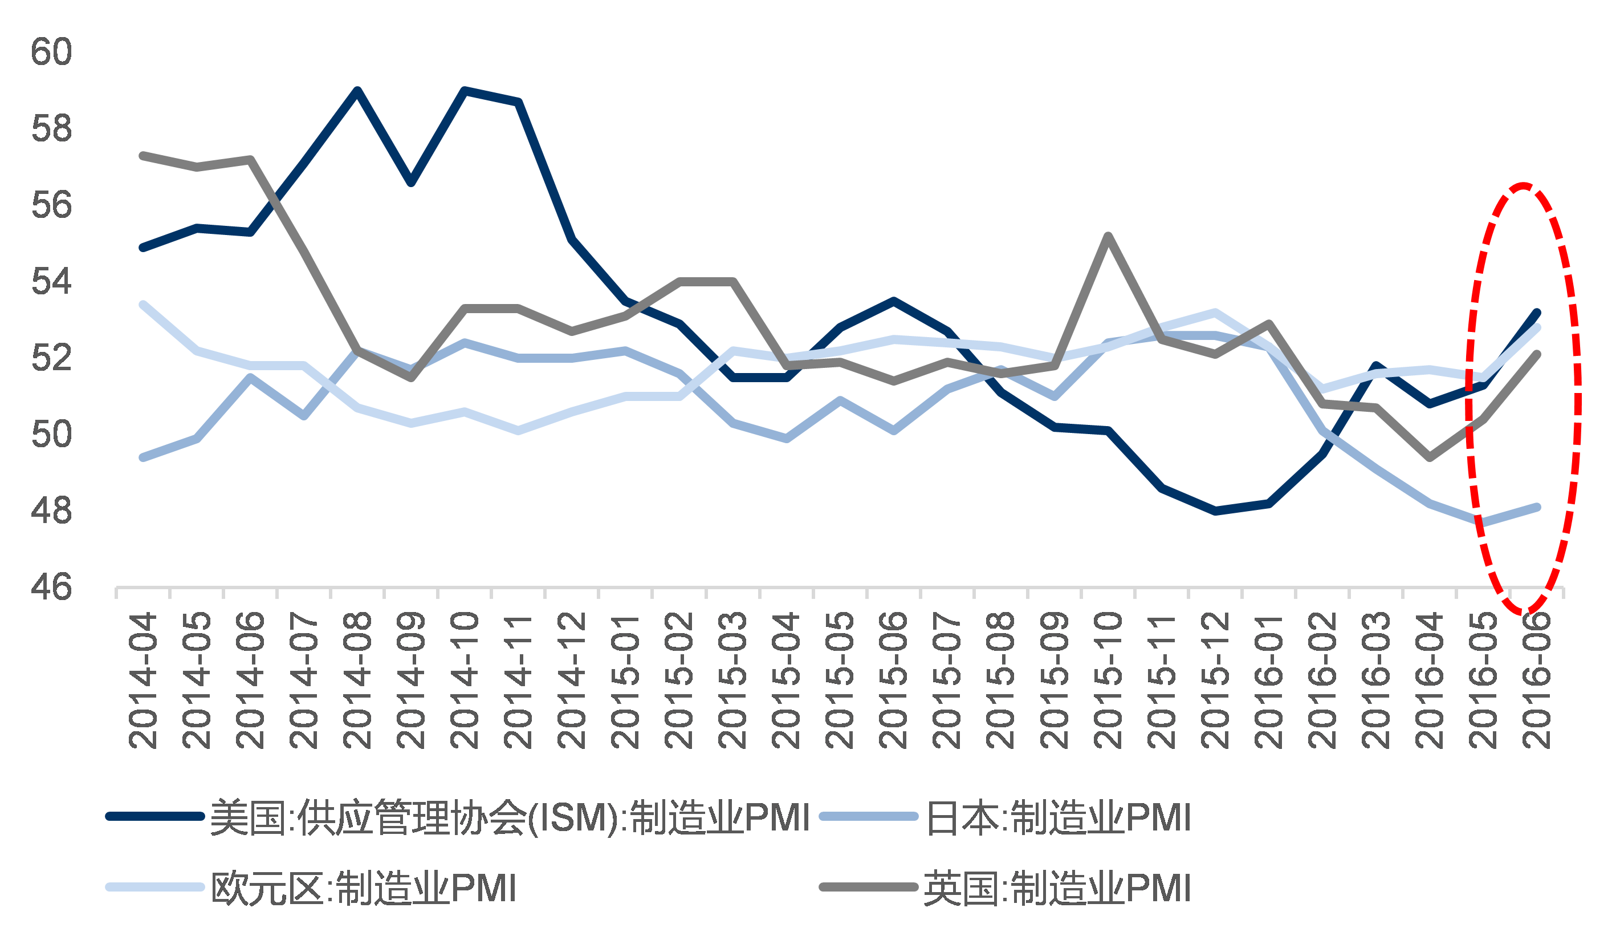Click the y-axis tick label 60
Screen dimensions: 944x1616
pyautogui.click(x=51, y=51)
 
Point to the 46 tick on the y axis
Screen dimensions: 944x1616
pyautogui.click(x=51, y=586)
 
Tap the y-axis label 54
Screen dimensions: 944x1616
pyautogui.click(x=51, y=281)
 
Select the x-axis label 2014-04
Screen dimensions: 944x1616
pyautogui.click(x=143, y=680)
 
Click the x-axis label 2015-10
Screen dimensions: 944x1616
pyautogui.click(x=1108, y=680)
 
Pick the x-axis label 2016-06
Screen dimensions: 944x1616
pyautogui.click(x=1537, y=680)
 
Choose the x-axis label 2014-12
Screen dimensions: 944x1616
pyautogui.click(x=571, y=680)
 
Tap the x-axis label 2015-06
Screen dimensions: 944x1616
pyautogui.click(x=893, y=680)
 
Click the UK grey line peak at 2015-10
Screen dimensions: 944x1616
pyautogui.click(x=1108, y=236)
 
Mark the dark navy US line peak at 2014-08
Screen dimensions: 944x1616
pyautogui.click(x=357, y=91)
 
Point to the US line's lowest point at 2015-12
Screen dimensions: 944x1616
pyautogui.click(x=1215, y=511)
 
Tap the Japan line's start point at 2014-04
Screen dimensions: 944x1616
pyautogui.click(x=143, y=457)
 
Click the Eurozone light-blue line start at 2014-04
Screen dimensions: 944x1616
pyautogui.click(x=143, y=305)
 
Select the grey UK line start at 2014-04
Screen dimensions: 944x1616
pyautogui.click(x=143, y=156)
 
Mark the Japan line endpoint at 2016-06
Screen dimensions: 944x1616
pyautogui.click(x=1537, y=508)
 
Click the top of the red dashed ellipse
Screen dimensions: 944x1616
pyautogui.click(x=1523, y=185)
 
